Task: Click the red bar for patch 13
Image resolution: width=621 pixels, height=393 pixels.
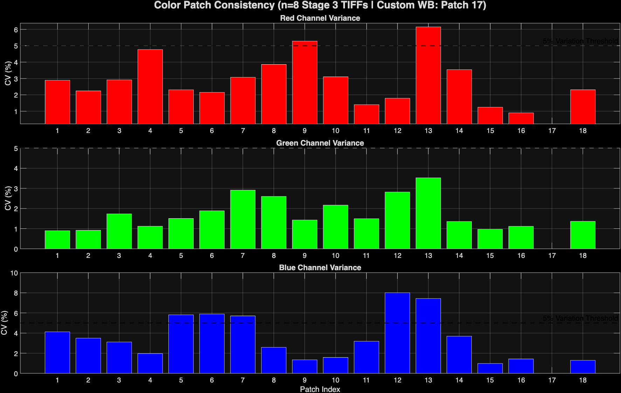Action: [428, 75]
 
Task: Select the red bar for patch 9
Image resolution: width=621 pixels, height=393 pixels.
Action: [304, 82]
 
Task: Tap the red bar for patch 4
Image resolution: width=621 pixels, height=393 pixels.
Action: [150, 87]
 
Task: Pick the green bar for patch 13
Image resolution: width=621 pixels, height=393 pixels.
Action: [428, 213]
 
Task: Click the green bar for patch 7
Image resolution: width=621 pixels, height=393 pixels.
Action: [243, 219]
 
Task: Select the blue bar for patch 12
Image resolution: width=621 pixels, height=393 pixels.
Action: [397, 333]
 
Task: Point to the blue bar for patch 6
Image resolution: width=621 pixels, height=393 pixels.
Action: [212, 344]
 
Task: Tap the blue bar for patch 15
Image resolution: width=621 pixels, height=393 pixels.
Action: [490, 368]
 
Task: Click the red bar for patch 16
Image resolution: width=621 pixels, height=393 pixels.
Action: [521, 118]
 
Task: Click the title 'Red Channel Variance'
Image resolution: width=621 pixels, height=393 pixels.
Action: [320, 18]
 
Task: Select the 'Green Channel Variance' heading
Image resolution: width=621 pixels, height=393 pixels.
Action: [320, 143]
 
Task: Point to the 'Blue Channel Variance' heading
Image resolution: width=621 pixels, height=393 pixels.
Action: [320, 268]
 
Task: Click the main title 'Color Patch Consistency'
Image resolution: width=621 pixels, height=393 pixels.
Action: [320, 5]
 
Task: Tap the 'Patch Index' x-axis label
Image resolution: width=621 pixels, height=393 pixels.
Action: [320, 389]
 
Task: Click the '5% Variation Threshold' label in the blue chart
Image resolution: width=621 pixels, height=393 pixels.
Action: [580, 318]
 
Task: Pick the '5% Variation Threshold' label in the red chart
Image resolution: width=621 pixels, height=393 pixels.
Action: [580, 41]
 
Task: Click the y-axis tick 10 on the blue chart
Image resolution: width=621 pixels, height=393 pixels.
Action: [14, 273]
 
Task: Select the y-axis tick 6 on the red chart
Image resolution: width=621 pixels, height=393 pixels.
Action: [16, 30]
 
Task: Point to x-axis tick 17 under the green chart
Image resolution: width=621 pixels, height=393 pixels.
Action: [552, 256]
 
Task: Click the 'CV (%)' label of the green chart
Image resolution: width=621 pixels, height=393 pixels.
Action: [8, 198]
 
